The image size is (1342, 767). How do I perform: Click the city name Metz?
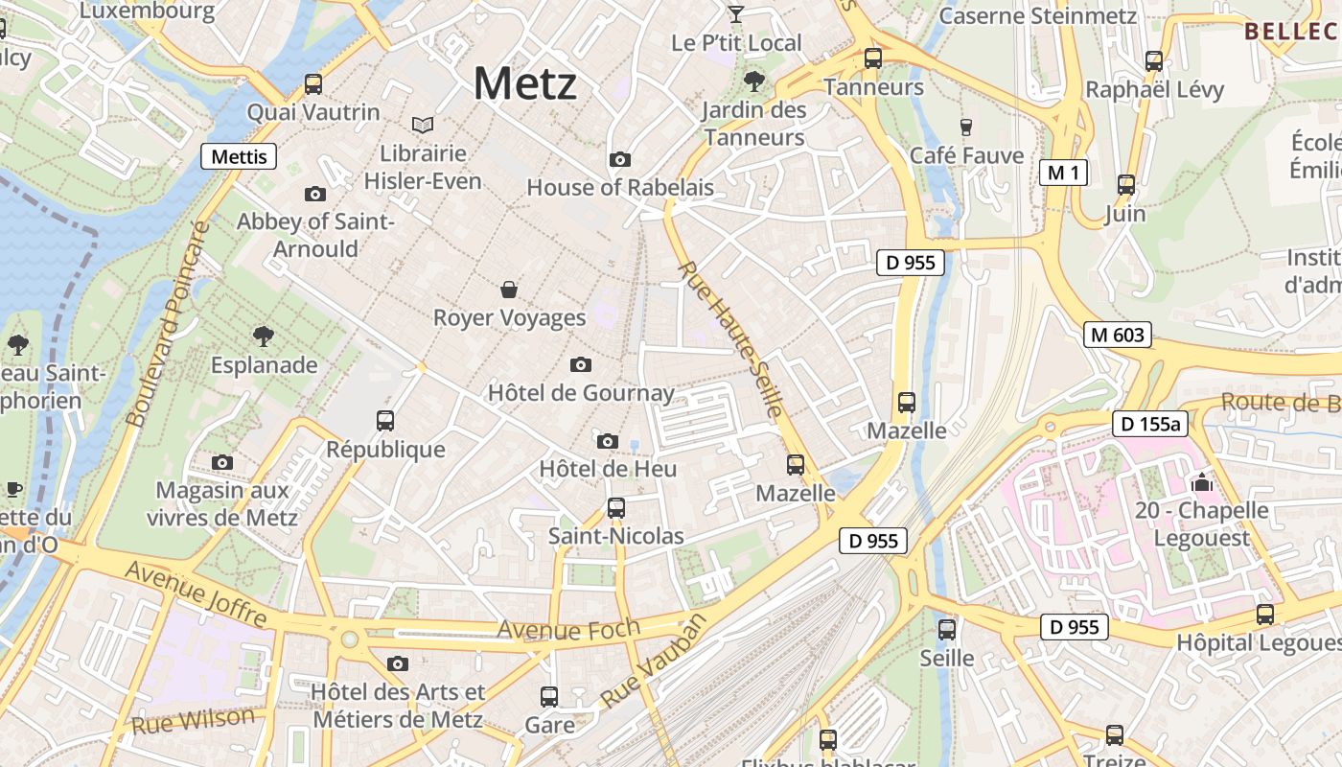coord(525,83)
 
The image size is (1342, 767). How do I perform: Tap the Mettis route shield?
coord(239,156)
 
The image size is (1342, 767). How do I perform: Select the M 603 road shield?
coord(1117,335)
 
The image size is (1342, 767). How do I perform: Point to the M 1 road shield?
coord(1063,173)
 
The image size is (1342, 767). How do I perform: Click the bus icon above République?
coord(385,420)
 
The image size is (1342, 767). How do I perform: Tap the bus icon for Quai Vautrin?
coord(313,83)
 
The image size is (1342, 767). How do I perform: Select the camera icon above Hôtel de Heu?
coord(607,441)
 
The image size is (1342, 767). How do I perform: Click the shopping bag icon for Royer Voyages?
coord(509,289)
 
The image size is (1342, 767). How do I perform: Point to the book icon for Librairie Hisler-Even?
coord(423,125)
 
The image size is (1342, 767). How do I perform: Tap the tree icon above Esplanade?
coord(264,336)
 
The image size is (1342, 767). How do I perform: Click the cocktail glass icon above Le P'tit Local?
coord(735,13)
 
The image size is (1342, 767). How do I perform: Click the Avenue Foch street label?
coord(568,630)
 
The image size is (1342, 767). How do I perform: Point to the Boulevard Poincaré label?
coord(168,324)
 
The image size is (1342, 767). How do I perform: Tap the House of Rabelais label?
coord(620,187)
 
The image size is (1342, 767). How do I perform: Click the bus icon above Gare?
coord(549,696)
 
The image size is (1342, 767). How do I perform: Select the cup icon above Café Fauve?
coord(966,127)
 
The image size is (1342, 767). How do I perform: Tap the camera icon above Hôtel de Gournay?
coord(580,364)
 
